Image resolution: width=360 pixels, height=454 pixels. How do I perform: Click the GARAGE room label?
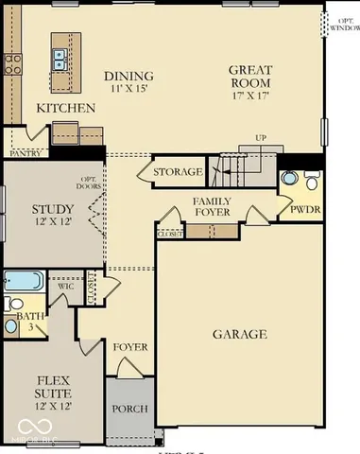pyautogui.click(x=239, y=334)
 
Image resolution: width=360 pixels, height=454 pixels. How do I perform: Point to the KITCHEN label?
pyautogui.click(x=65, y=109)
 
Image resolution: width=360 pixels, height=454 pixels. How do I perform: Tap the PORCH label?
pyautogui.click(x=129, y=409)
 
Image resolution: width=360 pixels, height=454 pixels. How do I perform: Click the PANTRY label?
pyautogui.click(x=25, y=151)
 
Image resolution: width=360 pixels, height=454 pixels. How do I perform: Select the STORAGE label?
pyautogui.click(x=178, y=172)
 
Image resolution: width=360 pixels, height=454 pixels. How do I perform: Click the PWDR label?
pyautogui.click(x=302, y=208)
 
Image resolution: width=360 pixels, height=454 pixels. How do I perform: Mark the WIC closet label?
pyautogui.click(x=64, y=285)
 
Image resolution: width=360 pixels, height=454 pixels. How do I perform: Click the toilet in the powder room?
pyautogui.click(x=289, y=177)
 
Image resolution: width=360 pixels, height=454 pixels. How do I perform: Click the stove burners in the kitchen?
pyautogui.click(x=13, y=63)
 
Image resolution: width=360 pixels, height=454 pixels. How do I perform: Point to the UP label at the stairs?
pyautogui.click(x=261, y=139)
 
